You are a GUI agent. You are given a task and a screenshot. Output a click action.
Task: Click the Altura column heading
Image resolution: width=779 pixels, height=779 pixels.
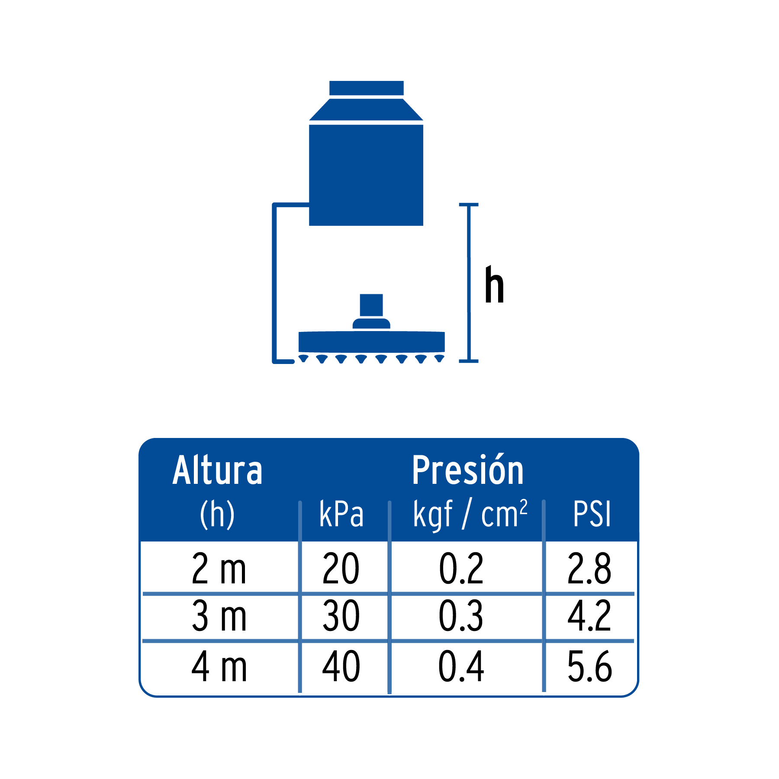click(217, 470)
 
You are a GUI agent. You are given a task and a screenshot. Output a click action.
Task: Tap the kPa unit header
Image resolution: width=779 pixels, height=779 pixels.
click(341, 514)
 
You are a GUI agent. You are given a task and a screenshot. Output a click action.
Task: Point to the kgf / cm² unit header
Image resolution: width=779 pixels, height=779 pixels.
click(470, 514)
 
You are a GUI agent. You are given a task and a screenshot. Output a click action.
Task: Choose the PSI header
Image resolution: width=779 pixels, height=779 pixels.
click(592, 514)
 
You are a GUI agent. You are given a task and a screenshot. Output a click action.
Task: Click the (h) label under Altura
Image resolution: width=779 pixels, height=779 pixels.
click(217, 514)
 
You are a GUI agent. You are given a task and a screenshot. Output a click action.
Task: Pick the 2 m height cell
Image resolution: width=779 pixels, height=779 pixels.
click(219, 568)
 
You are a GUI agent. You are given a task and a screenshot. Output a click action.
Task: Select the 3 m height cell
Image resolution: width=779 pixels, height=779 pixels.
click(219, 615)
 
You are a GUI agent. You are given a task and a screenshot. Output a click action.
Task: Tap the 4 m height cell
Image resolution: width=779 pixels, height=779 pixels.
click(219, 666)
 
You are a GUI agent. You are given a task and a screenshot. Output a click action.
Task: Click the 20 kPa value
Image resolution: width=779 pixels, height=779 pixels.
click(341, 568)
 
